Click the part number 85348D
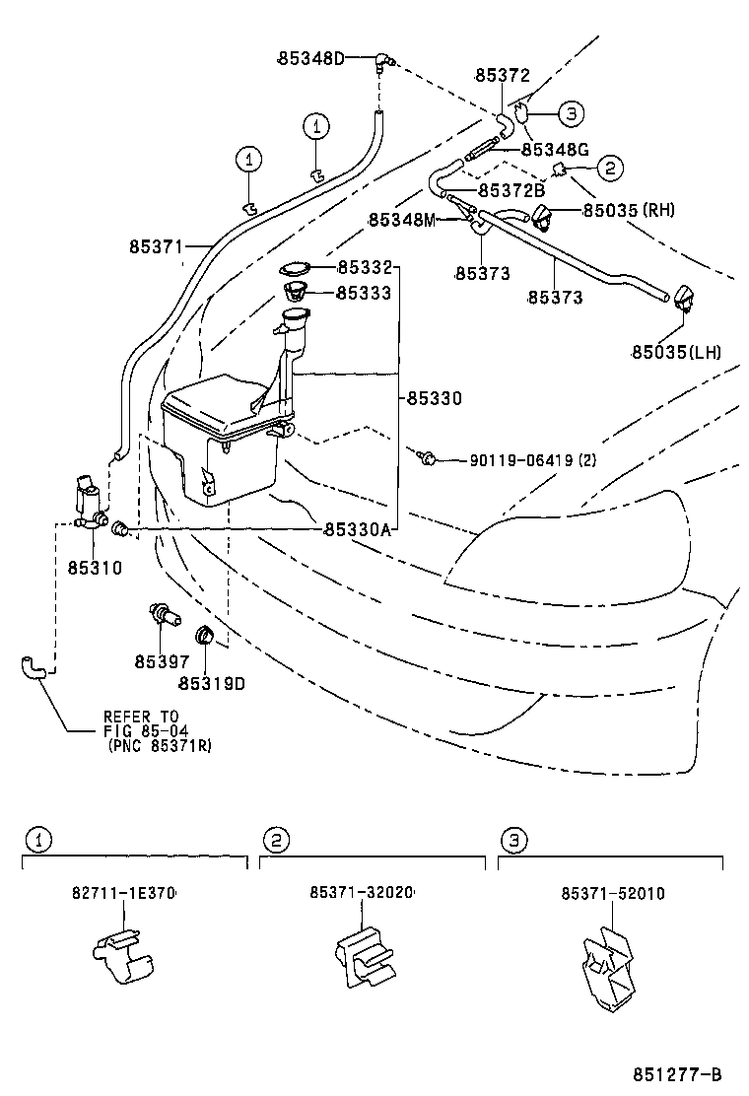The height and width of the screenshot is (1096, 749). click(x=310, y=58)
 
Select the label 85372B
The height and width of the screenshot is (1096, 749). click(x=511, y=190)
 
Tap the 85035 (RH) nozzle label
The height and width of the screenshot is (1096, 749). click(x=628, y=210)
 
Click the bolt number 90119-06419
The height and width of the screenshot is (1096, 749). click(x=518, y=459)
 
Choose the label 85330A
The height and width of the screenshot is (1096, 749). click(x=357, y=529)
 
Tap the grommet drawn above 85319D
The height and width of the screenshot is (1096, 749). click(x=206, y=634)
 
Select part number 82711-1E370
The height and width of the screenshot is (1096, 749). click(x=123, y=893)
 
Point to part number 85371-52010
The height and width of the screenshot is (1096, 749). click(x=613, y=893)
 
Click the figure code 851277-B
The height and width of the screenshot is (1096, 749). click(x=677, y=1073)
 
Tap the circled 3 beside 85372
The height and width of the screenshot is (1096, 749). click(x=572, y=113)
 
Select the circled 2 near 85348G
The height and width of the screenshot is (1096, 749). click(x=609, y=169)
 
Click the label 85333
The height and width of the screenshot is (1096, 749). click(x=364, y=293)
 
